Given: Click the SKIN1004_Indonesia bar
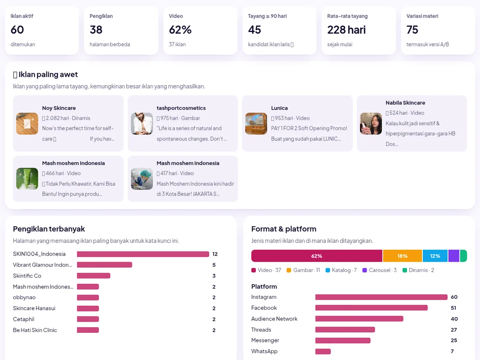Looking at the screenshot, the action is tap(143, 254).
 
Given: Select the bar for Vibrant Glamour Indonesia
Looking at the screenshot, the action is tap(104, 265).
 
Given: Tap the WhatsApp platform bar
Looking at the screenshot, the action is tap(323, 351).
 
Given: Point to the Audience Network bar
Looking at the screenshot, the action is tap(359, 319).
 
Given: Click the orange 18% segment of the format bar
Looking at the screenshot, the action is tap(402, 256).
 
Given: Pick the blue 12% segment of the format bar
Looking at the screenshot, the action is tap(435, 256).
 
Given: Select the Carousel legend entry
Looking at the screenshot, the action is tap(380, 270).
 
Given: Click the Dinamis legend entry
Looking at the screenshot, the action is tap(418, 270).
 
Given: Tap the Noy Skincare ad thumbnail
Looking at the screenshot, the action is tap(27, 124).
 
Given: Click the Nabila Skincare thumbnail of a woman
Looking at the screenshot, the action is tap(371, 124).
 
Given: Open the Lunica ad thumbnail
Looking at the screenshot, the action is tap(256, 124).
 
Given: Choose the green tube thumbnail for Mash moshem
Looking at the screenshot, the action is tap(27, 178).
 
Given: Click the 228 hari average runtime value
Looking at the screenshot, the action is tap(346, 30).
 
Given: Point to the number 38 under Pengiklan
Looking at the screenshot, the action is tap(96, 30).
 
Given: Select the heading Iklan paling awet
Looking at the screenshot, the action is tap(48, 74).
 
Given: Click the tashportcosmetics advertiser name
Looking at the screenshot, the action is tap(181, 108).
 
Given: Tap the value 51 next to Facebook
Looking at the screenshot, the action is tap(453, 308).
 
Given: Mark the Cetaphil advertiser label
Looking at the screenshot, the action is tap(24, 319).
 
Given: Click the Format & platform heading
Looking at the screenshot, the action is tap(284, 229).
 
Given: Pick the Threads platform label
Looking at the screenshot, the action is tap(261, 330).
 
